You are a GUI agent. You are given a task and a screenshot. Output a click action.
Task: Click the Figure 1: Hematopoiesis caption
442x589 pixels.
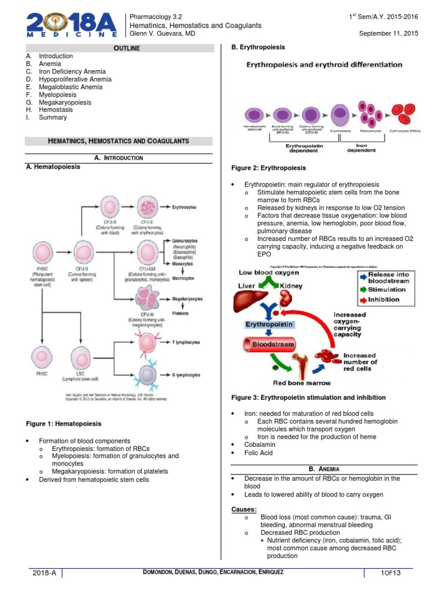63,424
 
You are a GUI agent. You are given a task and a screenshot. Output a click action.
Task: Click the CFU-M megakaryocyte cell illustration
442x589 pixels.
148,297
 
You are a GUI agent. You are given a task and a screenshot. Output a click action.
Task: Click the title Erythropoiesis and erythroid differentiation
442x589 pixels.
325,65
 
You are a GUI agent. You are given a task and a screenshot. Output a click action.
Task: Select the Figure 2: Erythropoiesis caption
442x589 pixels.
268,168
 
